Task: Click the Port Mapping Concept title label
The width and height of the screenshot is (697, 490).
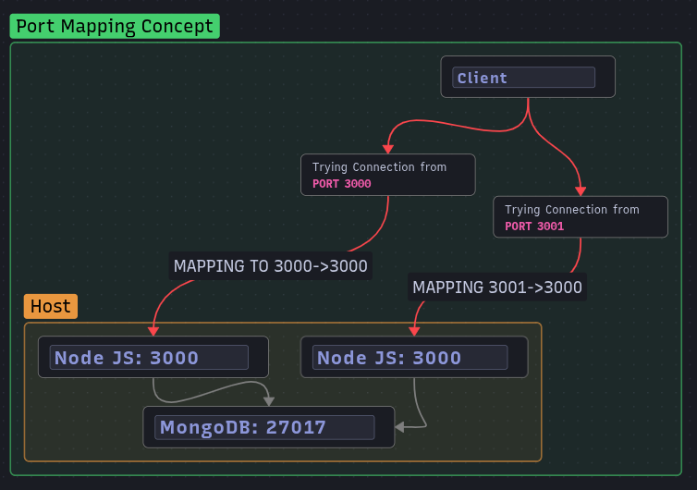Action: tap(115, 26)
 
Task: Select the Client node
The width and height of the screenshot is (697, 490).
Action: tap(527, 77)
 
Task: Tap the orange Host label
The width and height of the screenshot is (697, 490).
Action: tap(51, 306)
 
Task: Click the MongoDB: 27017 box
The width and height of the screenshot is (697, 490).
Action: tap(268, 427)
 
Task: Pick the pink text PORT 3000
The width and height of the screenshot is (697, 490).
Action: tap(342, 184)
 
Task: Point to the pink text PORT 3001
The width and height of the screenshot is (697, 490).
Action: tap(534, 227)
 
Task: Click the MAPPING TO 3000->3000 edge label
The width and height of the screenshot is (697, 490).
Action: tap(271, 266)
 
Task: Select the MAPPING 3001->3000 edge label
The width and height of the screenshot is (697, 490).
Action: tap(497, 288)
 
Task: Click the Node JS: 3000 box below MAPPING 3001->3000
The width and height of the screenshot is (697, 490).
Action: tap(413, 357)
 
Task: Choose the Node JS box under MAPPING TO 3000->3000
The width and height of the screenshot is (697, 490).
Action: tap(153, 357)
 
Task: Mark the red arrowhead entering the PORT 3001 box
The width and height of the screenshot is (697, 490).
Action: tap(581, 190)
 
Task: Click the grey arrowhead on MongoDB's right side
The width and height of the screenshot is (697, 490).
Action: tap(400, 427)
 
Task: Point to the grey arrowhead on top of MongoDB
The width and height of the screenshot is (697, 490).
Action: tap(269, 401)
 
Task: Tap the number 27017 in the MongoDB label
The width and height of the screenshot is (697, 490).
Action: tap(296, 427)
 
